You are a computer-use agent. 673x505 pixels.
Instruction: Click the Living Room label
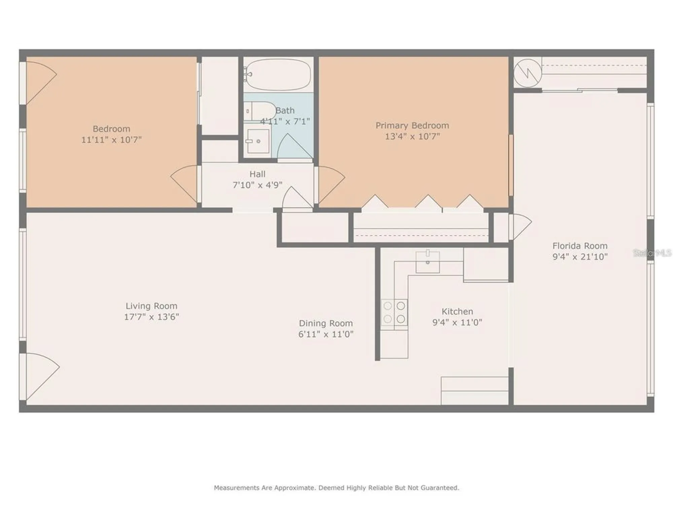coord(151,306)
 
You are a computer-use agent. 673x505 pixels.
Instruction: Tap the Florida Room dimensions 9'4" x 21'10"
coord(580,257)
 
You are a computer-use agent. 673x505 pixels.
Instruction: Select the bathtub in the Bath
coord(278,74)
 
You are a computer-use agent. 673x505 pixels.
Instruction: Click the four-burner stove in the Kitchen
coord(394,312)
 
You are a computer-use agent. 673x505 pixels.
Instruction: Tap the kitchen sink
coord(427,262)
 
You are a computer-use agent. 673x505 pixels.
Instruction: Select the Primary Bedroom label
coord(412,126)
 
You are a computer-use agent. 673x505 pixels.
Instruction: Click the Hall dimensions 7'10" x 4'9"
coord(257,185)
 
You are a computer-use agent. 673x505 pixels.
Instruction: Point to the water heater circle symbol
coord(528,73)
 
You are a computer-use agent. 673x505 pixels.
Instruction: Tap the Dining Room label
coord(326,323)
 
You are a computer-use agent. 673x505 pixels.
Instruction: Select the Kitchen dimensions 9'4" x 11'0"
coord(457,323)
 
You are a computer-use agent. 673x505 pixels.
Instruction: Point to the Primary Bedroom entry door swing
coord(331,184)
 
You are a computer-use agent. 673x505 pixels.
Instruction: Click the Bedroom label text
coord(111,129)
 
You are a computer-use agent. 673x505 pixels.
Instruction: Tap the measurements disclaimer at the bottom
coord(336,487)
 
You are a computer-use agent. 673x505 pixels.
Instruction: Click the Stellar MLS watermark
coord(652,253)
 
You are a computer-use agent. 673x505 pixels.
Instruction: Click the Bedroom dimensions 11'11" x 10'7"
coord(111,140)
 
